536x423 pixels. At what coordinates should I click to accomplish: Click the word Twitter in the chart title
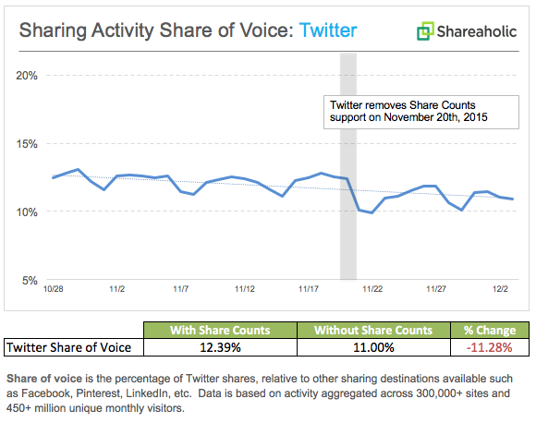pos(325,30)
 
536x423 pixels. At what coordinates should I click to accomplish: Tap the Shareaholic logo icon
pos(424,32)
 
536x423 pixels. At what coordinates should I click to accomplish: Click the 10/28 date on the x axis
pos(53,289)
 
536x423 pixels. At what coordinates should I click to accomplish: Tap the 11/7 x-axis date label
pos(180,289)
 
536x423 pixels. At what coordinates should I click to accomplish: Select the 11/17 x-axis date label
pos(309,289)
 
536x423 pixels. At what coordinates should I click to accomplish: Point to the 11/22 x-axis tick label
pos(372,289)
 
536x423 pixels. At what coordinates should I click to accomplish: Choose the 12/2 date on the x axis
pos(500,289)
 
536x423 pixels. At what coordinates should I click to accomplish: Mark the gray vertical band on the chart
pos(347,185)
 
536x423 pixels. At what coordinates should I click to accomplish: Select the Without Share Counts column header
pos(372,330)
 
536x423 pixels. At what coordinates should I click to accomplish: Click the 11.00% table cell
pos(372,347)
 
